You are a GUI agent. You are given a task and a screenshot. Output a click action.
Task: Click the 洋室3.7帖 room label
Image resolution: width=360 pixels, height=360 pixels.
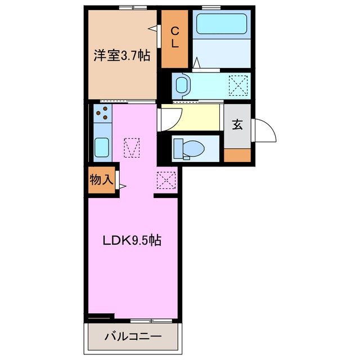coord(121,56)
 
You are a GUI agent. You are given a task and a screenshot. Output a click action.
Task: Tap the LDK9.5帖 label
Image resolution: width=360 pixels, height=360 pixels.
coord(133,240)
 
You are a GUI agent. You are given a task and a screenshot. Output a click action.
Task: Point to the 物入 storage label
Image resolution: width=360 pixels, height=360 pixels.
coord(102,181)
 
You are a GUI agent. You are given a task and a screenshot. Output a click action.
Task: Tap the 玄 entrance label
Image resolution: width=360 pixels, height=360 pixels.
coord(237,125)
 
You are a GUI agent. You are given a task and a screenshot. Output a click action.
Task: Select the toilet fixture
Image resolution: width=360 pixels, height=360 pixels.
coord(189,148)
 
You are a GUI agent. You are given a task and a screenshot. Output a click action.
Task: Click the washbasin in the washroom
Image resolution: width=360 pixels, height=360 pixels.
coord(182,85)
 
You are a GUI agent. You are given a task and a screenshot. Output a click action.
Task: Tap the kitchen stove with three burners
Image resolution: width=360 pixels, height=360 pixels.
coord(103,115)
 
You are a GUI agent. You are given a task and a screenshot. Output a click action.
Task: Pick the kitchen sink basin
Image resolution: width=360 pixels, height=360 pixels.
coord(102,147)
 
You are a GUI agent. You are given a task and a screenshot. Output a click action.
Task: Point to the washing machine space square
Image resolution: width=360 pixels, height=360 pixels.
coord(238,85)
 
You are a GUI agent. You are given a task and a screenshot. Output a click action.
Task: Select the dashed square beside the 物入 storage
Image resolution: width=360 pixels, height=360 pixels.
coord(166,181)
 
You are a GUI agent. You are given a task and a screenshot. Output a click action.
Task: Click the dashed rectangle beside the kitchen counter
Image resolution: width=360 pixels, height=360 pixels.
coord(131,148)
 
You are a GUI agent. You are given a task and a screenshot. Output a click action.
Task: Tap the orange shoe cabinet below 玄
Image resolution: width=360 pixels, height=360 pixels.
coord(237,155)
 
